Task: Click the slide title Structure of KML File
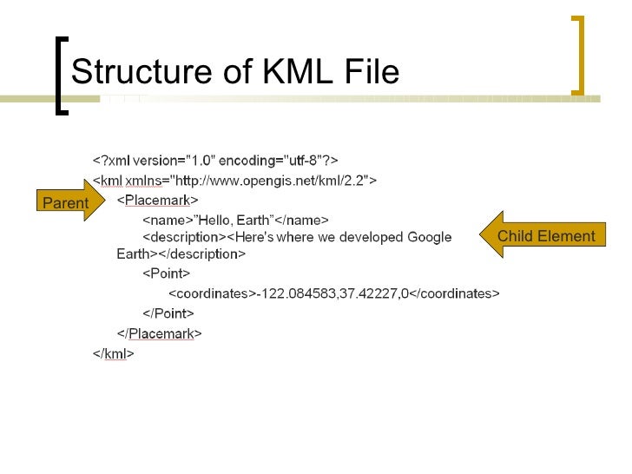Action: pos(234,71)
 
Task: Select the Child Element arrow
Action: pos(545,235)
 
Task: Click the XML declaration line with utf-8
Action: pos(215,160)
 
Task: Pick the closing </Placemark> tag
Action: pos(160,333)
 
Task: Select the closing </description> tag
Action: pos(201,254)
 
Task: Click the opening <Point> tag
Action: pos(167,273)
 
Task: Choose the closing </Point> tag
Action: pos(168,313)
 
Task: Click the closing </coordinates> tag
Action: pos(454,293)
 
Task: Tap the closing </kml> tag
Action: pos(114,353)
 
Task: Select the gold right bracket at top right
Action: pos(578,54)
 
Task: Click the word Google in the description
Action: pos(429,237)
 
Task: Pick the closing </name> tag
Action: pos(302,220)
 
